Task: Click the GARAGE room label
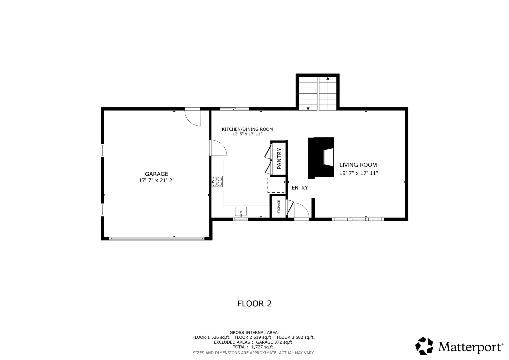point(157,174)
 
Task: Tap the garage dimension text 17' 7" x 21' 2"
point(157,180)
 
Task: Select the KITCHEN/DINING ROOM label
point(247,129)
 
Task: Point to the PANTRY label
point(279,158)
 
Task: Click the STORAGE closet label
point(279,207)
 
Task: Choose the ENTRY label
point(300,188)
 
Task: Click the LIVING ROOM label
point(358,165)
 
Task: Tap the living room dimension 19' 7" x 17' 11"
point(359,173)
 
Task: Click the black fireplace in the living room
point(321,158)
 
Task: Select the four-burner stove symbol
point(217,181)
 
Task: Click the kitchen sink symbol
point(241,212)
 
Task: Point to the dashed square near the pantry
point(276,185)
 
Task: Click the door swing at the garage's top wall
point(193,118)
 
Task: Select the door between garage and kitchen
point(218,148)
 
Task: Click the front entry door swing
point(302,210)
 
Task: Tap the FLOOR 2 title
point(255,304)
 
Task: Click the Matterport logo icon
point(424,346)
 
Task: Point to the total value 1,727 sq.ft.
point(263,347)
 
